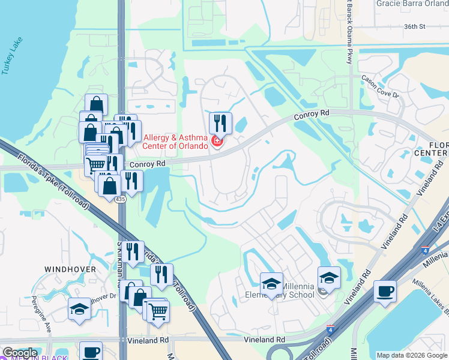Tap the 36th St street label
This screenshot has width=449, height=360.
pyautogui.click(x=414, y=27)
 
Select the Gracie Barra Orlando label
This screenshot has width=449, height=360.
pyautogui.click(x=412, y=4)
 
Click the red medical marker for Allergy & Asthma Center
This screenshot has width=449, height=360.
pyautogui.click(x=217, y=142)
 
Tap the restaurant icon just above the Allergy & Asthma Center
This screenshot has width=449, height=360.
pyautogui.click(x=220, y=124)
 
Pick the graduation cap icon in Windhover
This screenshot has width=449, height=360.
pyautogui.click(x=79, y=309)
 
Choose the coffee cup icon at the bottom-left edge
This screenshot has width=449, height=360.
pyautogui.click(x=91, y=352)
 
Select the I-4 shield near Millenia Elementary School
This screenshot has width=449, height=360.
pyautogui.click(x=331, y=329)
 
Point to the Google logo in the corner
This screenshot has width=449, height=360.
pyautogui.click(x=19, y=353)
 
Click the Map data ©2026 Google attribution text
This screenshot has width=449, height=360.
pyautogui.click(x=412, y=355)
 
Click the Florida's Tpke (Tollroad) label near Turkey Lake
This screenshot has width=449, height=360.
pyautogui.click(x=54, y=184)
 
